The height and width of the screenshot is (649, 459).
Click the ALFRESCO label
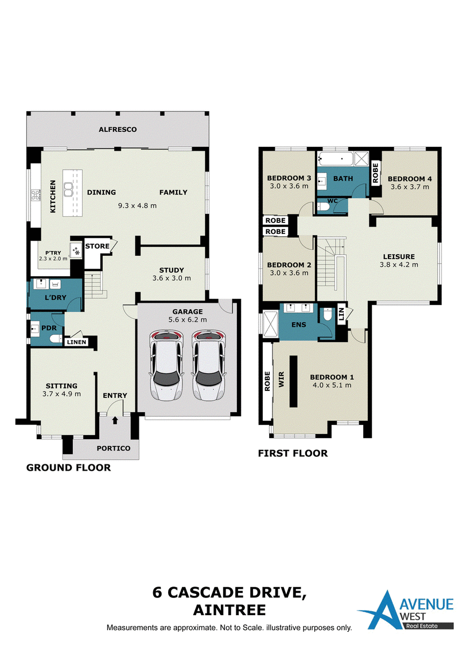(118, 130)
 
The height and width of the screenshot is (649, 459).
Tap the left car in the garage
(166, 365)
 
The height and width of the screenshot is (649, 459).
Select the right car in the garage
(209, 365)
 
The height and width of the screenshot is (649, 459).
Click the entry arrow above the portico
(115, 420)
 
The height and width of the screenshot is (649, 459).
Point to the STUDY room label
(172, 270)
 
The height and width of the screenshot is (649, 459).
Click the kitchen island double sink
(68, 190)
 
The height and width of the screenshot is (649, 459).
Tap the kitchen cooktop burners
(36, 195)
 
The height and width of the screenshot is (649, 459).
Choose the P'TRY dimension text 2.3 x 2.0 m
(53, 259)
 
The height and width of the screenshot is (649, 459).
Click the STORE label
(98, 247)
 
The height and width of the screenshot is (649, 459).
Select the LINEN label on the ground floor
(77, 342)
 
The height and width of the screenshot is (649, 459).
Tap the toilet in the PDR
(56, 339)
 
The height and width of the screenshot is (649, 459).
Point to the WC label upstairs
(333, 201)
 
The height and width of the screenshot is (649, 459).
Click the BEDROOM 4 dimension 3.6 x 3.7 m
(410, 187)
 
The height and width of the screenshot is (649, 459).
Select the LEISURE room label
(399, 257)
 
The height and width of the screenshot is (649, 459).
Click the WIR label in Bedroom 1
(282, 379)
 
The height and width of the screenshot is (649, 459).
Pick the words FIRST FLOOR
(293, 453)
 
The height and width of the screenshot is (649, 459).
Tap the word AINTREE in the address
(229, 610)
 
